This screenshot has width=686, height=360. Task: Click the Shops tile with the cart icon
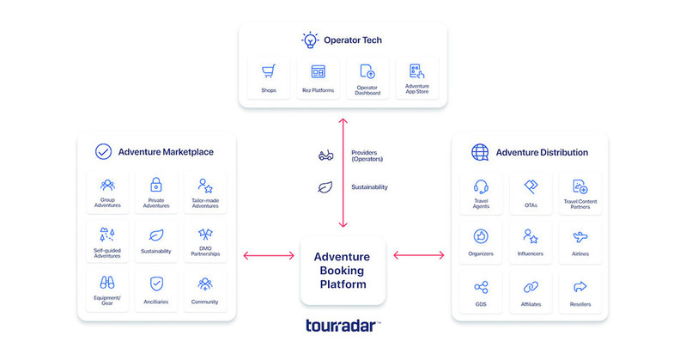point(269,78)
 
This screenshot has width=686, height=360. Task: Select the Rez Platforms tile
point(318,78)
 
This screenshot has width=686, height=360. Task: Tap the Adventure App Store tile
point(416,78)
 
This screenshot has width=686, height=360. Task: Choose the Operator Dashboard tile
point(367,78)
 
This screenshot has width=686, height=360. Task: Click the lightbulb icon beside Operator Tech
point(309,40)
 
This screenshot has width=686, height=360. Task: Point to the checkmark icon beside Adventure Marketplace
point(103,152)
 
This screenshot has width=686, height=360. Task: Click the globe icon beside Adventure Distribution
point(480,152)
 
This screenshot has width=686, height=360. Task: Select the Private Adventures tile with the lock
point(156,192)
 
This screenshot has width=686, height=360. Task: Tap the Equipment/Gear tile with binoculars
point(107,289)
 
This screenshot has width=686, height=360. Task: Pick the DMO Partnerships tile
point(205,241)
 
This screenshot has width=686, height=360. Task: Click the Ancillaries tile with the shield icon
point(156,289)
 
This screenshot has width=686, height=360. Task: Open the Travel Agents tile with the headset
point(481,192)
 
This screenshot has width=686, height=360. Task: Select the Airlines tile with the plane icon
point(580,241)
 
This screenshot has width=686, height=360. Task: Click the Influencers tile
point(531,241)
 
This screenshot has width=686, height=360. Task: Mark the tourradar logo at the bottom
point(343,326)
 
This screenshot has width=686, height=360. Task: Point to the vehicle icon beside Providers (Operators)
point(325,156)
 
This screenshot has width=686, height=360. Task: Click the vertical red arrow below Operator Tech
point(343,172)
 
